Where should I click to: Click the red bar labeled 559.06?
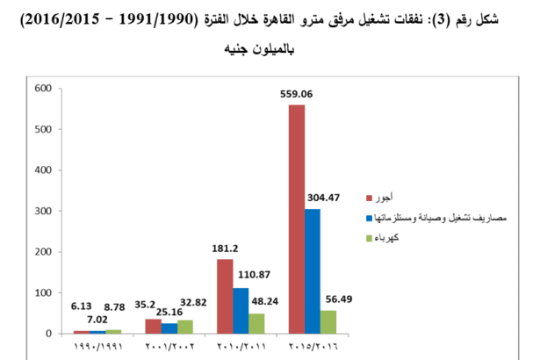[x=297, y=220]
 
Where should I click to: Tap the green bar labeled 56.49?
[x=329, y=321]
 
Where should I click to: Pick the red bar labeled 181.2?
[x=225, y=296]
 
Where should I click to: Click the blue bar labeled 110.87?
[x=241, y=311]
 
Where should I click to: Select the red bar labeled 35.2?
[x=153, y=326]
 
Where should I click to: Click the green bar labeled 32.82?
[x=185, y=327]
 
